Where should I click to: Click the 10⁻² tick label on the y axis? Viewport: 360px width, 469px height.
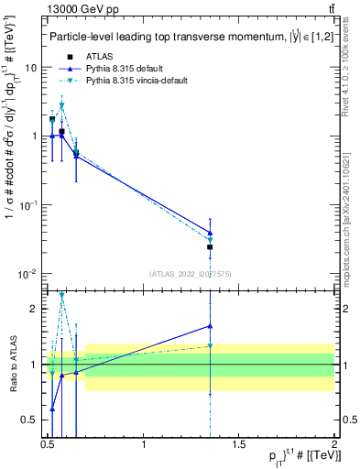(28, 274)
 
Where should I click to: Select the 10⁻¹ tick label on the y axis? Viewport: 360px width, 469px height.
(28, 205)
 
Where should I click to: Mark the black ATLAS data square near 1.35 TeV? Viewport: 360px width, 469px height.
(211, 247)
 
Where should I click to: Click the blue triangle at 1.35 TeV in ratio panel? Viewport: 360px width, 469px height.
(211, 325)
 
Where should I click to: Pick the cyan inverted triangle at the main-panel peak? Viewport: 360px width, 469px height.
(61, 105)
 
